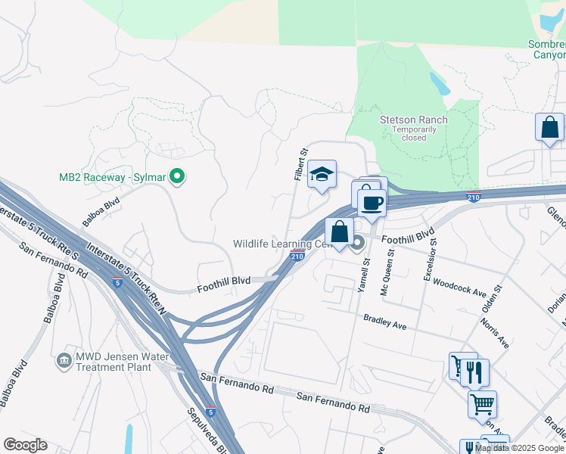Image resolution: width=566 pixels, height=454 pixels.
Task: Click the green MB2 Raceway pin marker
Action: click(177, 177)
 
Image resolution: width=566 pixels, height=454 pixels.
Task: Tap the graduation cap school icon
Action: click(322, 174)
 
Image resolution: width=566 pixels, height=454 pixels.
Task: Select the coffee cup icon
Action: click(372, 204)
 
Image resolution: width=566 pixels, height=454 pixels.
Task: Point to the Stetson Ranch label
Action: click(413, 120)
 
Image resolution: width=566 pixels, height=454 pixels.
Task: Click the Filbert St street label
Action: click(300, 164)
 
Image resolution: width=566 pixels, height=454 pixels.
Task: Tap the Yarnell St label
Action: click(365, 274)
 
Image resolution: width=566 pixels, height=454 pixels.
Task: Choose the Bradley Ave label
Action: click(385, 323)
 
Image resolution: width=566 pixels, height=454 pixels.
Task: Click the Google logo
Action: click(25, 445)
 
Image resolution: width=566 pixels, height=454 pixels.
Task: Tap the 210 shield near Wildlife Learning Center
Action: click(297, 257)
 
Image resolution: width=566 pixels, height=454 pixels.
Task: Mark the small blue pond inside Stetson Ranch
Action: click(440, 84)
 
